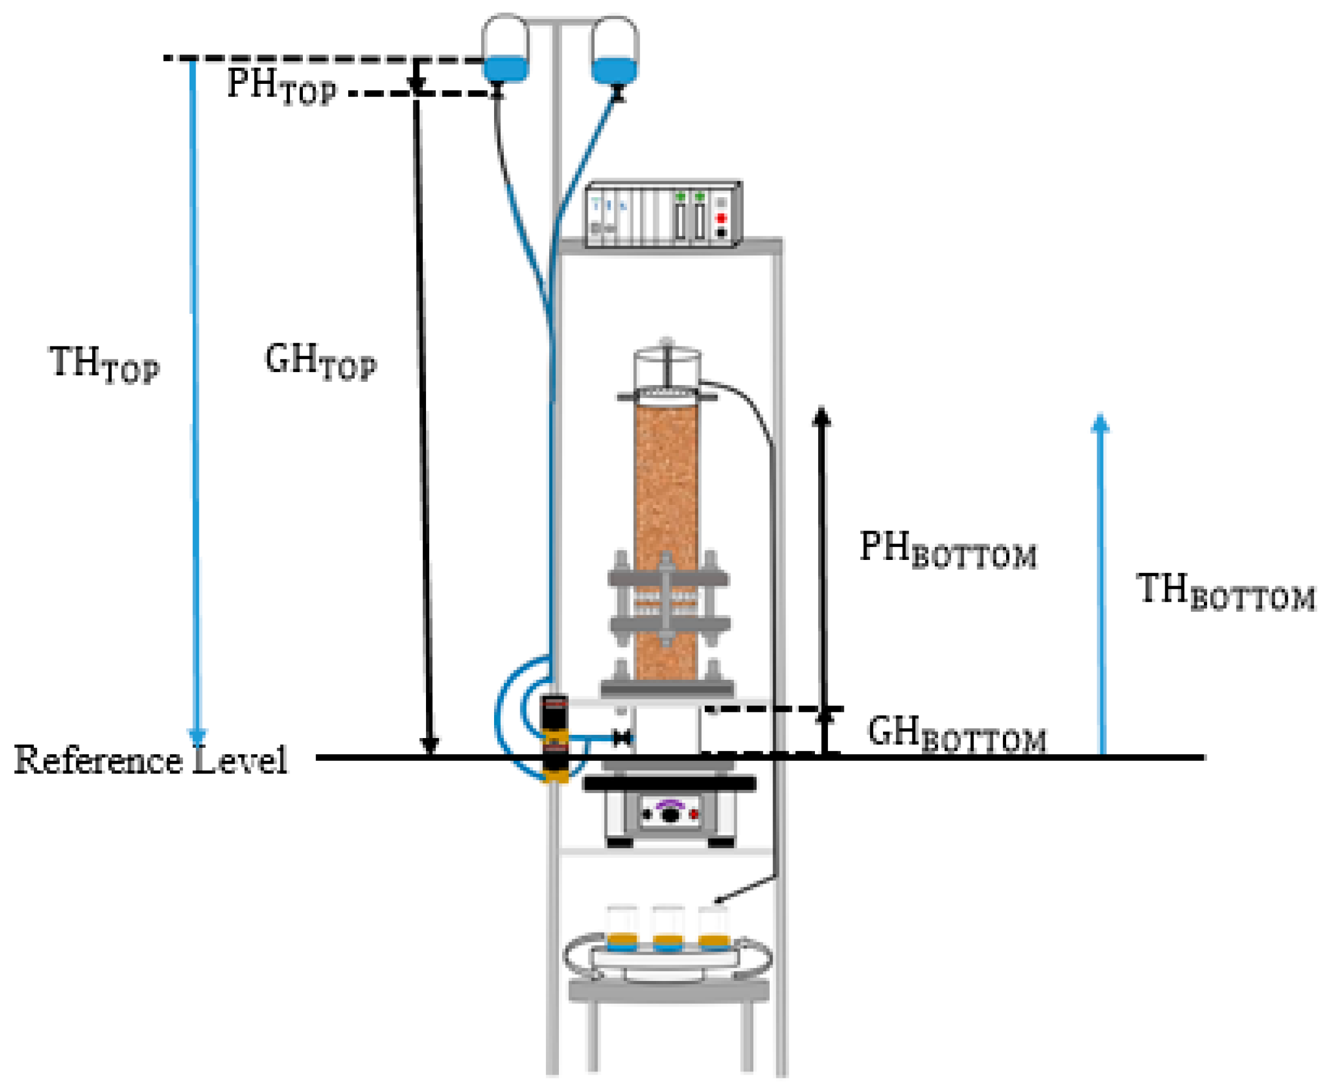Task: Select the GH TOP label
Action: (321, 363)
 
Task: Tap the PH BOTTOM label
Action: (947, 550)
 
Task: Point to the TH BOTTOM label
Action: (1225, 592)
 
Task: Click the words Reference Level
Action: (151, 760)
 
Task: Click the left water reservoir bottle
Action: (505, 49)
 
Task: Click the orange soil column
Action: (666, 503)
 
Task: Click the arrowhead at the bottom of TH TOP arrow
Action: (198, 736)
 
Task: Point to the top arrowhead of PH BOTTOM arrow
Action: (821, 417)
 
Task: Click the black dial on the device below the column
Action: (671, 814)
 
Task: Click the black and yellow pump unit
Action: (555, 739)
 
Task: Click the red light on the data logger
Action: (721, 218)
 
